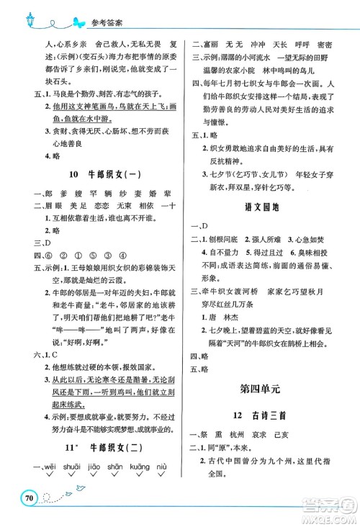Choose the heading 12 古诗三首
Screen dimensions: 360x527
[x=262, y=415]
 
